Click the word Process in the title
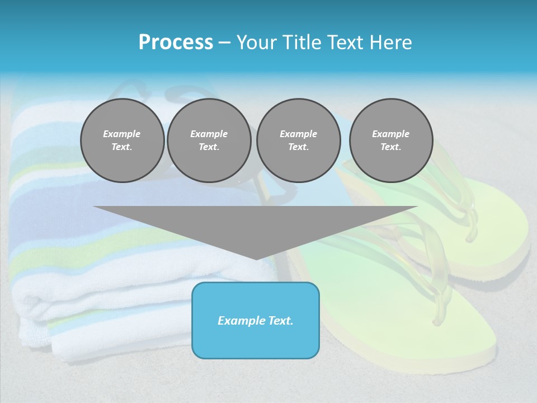[x=176, y=43]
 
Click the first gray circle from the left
[x=122, y=140]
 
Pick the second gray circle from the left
[x=209, y=140]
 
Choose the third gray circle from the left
[x=298, y=140]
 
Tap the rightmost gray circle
[x=390, y=140]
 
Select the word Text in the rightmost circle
[x=390, y=147]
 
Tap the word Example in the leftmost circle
[x=122, y=134]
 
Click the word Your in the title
[x=255, y=43]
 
